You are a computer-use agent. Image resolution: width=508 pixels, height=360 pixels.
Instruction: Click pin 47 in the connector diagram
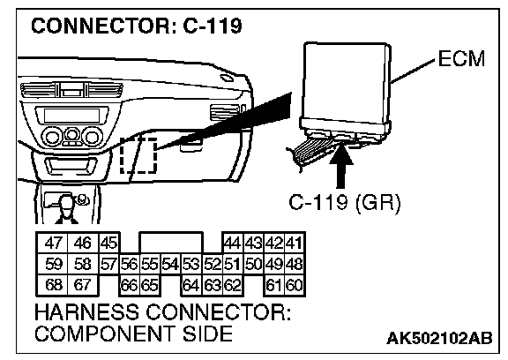53,243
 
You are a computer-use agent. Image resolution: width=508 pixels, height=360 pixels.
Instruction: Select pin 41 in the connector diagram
295,243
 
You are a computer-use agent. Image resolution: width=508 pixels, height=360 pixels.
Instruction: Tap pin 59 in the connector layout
53,264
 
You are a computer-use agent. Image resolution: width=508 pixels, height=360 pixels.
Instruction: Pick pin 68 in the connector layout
53,285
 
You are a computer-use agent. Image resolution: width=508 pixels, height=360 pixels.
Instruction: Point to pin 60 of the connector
295,285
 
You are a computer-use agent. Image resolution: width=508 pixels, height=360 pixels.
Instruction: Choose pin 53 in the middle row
190,264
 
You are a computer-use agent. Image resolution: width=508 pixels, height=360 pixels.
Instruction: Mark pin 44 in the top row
233,243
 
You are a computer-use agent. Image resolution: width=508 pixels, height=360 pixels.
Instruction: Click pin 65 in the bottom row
150,285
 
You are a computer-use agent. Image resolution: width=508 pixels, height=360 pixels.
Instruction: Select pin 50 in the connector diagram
254,264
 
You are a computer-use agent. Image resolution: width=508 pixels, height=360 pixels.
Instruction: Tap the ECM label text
461,58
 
